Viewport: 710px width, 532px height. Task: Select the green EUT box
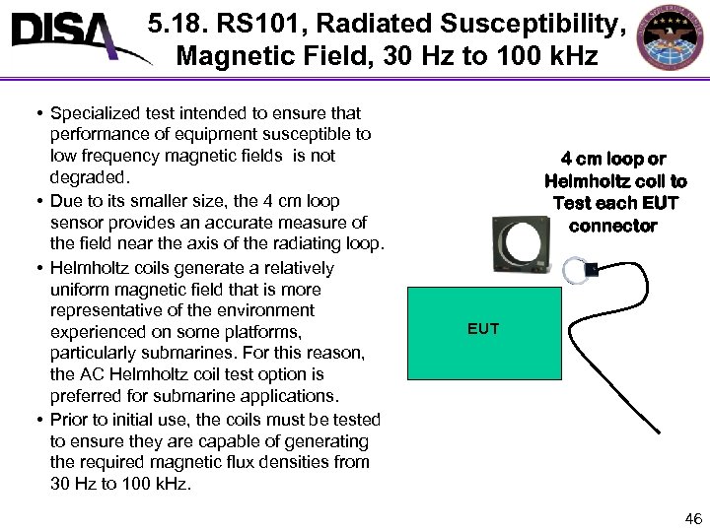pos(483,333)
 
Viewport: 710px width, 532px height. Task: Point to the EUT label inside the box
pos(483,329)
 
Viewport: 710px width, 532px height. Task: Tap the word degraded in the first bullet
pos(88,177)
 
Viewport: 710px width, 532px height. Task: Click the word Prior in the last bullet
pos(68,420)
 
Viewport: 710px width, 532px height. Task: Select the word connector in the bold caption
pos(612,226)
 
